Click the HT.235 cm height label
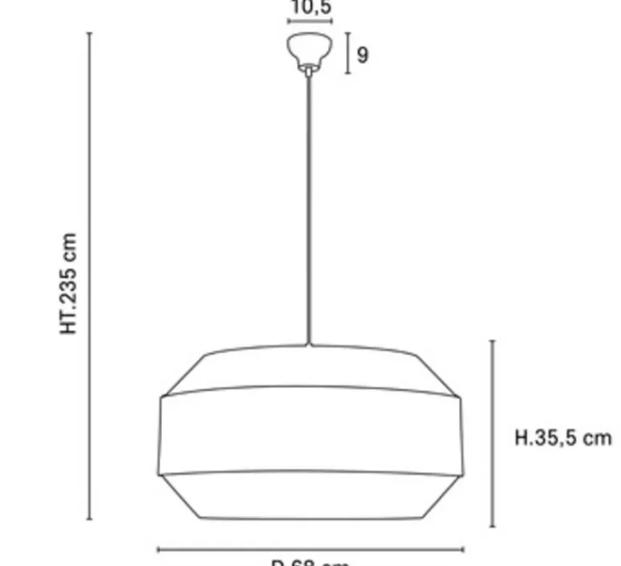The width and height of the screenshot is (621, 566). [x=70, y=283]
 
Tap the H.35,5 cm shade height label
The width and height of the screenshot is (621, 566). [x=562, y=438]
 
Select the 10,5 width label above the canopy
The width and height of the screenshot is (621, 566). [x=310, y=8]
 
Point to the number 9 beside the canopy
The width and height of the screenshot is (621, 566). [x=363, y=55]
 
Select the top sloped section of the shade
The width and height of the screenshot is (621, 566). [x=310, y=369]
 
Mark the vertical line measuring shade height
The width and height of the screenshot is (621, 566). [x=492, y=434]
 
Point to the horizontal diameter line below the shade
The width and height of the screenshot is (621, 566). [x=310, y=550]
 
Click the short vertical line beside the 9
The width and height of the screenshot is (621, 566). [x=348, y=54]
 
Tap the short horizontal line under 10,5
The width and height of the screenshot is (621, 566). [x=310, y=22]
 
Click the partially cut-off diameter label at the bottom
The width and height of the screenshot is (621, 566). [x=310, y=563]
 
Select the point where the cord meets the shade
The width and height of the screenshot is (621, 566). [x=309, y=345]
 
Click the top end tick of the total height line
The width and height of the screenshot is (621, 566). [x=89, y=34]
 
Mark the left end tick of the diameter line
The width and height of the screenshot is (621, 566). [x=158, y=550]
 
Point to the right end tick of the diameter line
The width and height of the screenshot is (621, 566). [x=463, y=550]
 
